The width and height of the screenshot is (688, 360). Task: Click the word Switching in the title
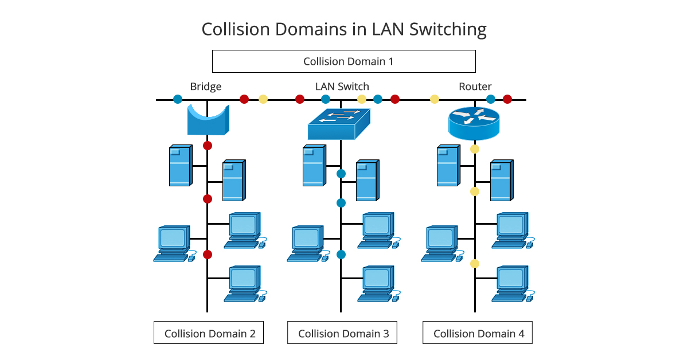448,29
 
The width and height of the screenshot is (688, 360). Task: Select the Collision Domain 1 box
344,61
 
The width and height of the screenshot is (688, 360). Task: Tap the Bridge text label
206,87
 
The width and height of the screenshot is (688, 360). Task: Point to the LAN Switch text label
342,87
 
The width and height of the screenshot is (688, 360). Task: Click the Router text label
475,87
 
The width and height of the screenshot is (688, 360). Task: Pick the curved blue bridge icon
208,119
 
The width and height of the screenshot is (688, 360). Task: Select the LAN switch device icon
339,124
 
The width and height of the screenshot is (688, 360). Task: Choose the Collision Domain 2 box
209,333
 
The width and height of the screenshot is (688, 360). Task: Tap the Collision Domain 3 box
342,333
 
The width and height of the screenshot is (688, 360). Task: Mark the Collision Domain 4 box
478,333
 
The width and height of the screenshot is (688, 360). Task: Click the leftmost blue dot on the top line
178,99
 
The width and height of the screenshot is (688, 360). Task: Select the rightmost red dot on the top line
507,99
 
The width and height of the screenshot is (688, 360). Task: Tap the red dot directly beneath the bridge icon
208,145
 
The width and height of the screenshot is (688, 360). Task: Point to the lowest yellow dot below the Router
475,264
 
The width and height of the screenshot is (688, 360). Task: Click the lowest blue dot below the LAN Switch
341,255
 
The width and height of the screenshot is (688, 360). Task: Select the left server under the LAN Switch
314,166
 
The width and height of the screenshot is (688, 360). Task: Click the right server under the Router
501,180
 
